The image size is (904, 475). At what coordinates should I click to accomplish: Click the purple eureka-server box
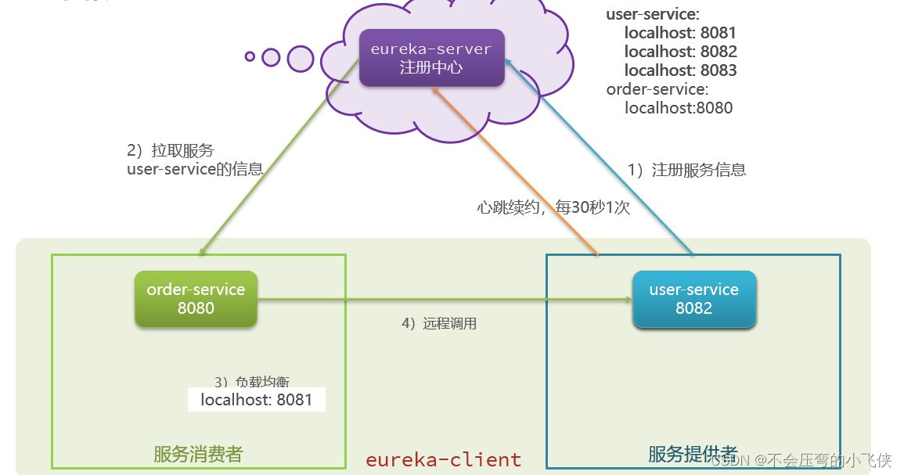coord(430,58)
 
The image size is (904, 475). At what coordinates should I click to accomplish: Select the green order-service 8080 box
coord(196,299)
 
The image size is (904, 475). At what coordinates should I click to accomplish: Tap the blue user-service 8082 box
coord(693,299)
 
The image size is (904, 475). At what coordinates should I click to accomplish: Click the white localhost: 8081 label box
coord(256,400)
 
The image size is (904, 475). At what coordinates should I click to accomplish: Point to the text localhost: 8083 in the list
coord(680,70)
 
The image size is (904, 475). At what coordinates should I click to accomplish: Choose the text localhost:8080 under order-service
coord(678,108)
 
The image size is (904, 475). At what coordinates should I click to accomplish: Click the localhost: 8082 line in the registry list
coord(680,52)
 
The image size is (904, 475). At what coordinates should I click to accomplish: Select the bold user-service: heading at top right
coord(653,14)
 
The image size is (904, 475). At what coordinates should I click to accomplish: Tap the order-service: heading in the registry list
coord(657,89)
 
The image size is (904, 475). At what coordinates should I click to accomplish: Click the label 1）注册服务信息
coord(686,170)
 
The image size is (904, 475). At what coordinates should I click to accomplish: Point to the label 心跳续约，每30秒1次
coord(553,208)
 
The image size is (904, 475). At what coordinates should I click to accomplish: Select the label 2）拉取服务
coord(170,150)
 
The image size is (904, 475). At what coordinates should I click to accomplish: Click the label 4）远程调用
coord(438,323)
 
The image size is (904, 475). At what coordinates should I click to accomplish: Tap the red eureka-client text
coord(443,459)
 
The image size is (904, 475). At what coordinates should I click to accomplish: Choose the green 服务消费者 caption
coord(198,454)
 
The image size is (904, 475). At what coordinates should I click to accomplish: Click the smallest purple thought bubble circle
coord(250,56)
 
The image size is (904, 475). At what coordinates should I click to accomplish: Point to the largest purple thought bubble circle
coord(301,59)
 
